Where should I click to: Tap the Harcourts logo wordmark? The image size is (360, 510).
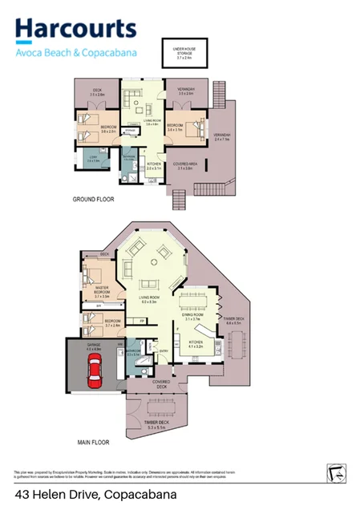75,30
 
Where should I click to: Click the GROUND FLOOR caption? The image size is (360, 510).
95,198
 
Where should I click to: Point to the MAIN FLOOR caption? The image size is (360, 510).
94,442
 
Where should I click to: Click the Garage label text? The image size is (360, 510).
93,348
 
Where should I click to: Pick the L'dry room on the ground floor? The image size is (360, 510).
93,159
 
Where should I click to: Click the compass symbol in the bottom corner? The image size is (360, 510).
335,473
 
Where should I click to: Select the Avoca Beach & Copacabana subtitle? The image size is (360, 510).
76,53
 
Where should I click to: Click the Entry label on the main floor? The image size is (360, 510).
164,350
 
